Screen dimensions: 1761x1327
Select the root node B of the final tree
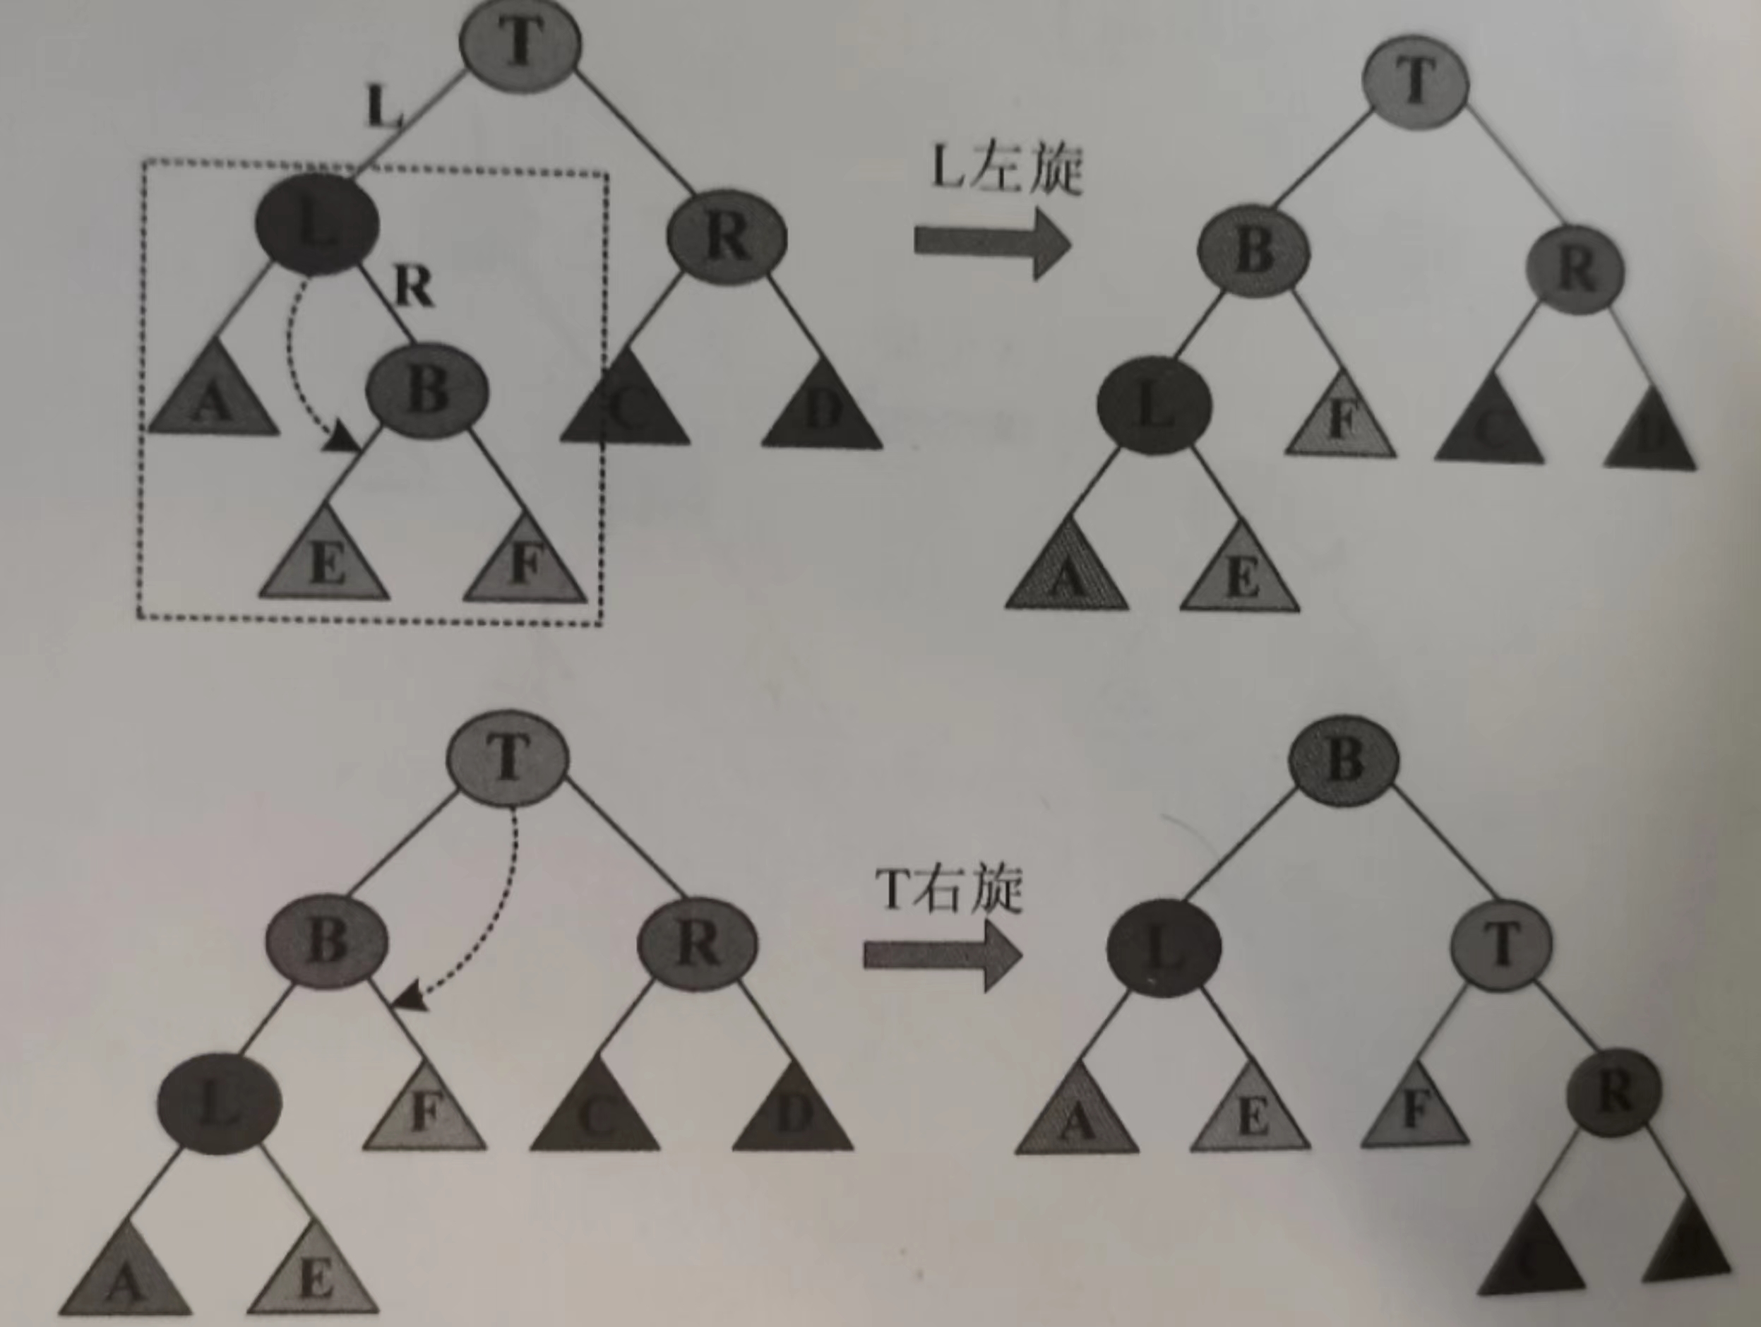[1342, 759]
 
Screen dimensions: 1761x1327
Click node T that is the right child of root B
[1500, 943]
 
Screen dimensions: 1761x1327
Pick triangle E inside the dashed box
[325, 561]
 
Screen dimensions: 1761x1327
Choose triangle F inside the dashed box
[524, 561]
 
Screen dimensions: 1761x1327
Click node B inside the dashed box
[426, 390]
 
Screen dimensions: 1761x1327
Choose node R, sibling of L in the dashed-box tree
[727, 237]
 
